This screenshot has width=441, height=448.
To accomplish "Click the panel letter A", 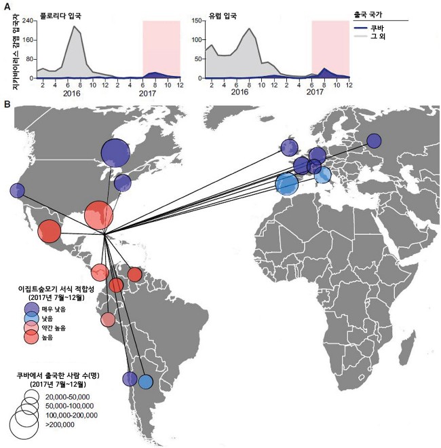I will [6, 6].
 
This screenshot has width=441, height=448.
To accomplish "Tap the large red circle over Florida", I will [100, 215].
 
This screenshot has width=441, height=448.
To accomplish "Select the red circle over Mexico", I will [49, 231].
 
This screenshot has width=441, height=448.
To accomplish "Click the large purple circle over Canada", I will [115, 152].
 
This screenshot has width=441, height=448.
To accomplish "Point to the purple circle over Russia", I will [374, 141].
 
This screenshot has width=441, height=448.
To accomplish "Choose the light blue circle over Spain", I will [287, 183].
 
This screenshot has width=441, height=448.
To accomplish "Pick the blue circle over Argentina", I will [145, 381].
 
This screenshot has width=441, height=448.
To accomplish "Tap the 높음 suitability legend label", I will [57, 337].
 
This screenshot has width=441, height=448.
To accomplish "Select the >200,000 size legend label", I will [60, 425].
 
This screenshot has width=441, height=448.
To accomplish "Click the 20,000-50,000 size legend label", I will [68, 396].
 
